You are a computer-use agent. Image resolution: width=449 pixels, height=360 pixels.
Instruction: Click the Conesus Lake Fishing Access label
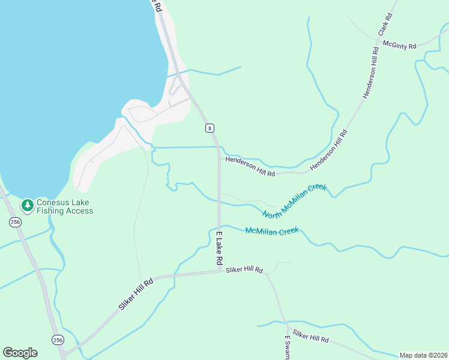point(65,206)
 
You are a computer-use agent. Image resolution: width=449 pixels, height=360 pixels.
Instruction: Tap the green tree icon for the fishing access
point(27,206)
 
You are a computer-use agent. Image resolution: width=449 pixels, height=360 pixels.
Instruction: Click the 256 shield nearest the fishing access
point(15,222)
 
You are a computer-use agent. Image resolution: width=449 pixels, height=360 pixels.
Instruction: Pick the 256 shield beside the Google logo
point(58,340)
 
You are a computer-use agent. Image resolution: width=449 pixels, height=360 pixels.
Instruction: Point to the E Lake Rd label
point(219,248)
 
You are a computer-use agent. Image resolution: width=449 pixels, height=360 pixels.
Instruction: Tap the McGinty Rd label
point(399,44)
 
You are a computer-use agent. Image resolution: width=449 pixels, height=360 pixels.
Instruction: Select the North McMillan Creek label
point(295,201)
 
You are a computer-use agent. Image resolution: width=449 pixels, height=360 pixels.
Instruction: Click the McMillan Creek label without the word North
point(272,231)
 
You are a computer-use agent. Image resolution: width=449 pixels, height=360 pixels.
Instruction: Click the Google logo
point(20,353)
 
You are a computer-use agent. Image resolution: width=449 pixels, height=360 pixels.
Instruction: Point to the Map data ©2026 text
point(423,355)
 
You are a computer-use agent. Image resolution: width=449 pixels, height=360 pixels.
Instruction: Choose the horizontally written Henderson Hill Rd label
point(250,166)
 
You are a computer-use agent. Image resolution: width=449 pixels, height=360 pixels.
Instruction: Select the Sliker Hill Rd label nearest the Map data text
point(310,335)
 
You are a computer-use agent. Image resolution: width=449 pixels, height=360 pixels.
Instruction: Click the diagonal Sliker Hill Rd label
point(137,294)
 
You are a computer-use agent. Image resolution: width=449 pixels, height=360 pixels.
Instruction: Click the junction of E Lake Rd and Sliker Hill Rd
point(219,271)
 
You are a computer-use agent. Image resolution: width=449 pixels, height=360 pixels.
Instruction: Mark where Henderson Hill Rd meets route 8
point(218,154)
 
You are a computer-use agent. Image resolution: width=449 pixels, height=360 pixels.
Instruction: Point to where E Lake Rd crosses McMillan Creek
point(219,226)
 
